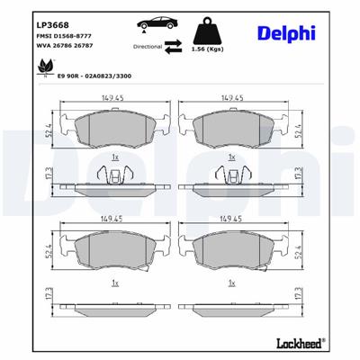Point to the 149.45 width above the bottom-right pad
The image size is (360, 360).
click(233, 219)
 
